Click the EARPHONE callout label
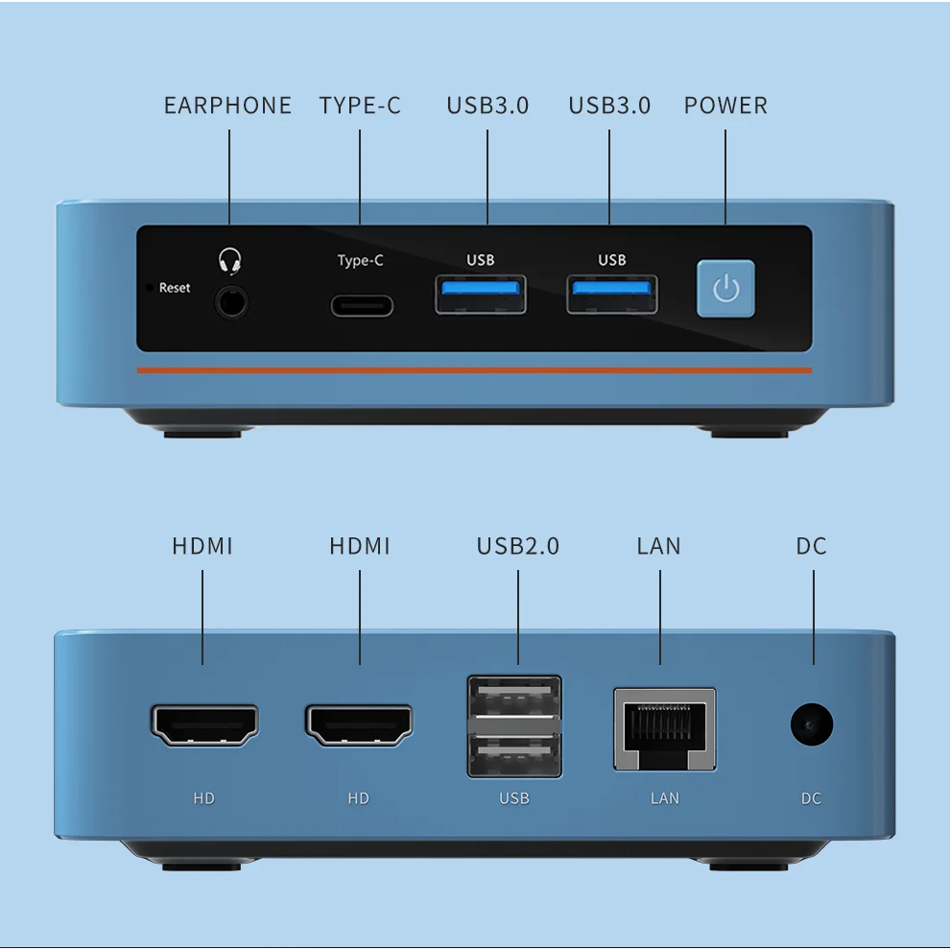[x=227, y=106]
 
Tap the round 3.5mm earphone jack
[x=230, y=301]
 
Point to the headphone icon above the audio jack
[x=230, y=260]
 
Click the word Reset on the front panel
[x=175, y=288]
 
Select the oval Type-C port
[x=362, y=305]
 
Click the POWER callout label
[x=725, y=106]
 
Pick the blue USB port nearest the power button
[x=612, y=294]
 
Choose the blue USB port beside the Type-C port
[x=481, y=294]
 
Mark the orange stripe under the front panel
[x=473, y=369]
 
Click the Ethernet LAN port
[x=665, y=729]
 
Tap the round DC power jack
[x=811, y=724]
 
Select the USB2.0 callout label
[x=517, y=546]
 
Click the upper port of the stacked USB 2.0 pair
[x=514, y=697]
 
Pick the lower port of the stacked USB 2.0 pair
[x=514, y=752]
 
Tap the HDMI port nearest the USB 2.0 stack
[x=359, y=724]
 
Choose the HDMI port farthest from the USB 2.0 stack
[x=204, y=724]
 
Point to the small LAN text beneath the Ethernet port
[x=664, y=798]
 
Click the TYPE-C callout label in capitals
[x=360, y=106]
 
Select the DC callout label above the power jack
[x=811, y=546]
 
